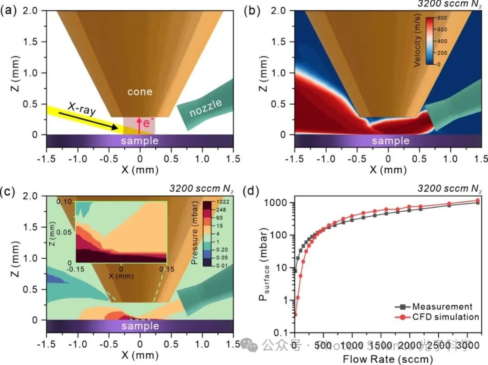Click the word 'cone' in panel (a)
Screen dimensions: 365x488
click(140, 92)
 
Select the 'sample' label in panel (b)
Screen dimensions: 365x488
click(390, 141)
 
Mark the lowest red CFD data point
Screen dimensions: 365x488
click(295, 314)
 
